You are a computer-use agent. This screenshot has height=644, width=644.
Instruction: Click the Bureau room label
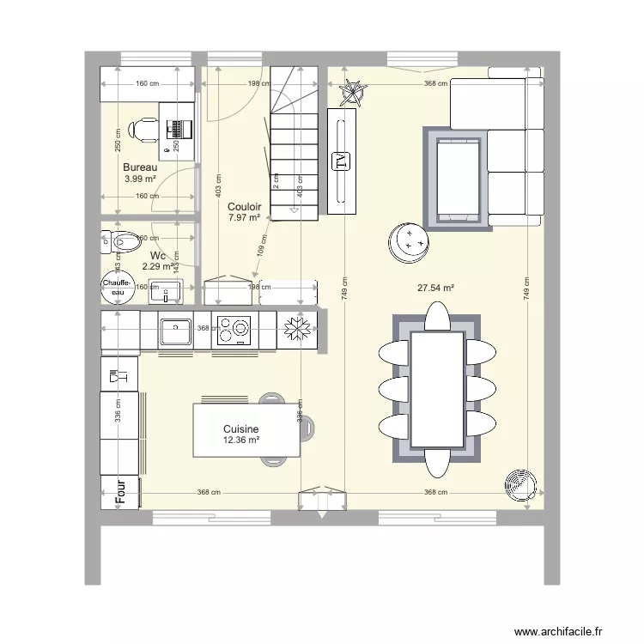pyautogui.click(x=140, y=167)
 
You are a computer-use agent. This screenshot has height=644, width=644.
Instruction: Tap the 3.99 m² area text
pyautogui.click(x=140, y=179)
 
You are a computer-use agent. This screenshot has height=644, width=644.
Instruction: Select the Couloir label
pyautogui.click(x=245, y=207)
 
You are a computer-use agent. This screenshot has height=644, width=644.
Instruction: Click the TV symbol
pyautogui.click(x=341, y=161)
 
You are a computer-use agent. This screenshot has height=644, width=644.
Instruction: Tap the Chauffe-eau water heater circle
pyautogui.click(x=117, y=287)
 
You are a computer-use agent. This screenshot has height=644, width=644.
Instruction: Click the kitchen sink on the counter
pyautogui.click(x=175, y=331)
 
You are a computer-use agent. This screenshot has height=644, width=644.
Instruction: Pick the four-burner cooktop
pyautogui.click(x=233, y=331)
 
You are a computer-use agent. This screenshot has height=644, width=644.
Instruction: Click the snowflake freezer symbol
pyautogui.click(x=297, y=330)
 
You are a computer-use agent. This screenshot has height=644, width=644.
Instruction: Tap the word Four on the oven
pyautogui.click(x=121, y=490)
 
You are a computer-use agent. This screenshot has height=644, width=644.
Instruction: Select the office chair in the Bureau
pyautogui.click(x=143, y=130)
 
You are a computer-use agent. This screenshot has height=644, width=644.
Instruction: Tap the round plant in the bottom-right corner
pyautogui.click(x=519, y=483)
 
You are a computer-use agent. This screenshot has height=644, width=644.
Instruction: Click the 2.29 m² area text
pyautogui.click(x=158, y=267)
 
